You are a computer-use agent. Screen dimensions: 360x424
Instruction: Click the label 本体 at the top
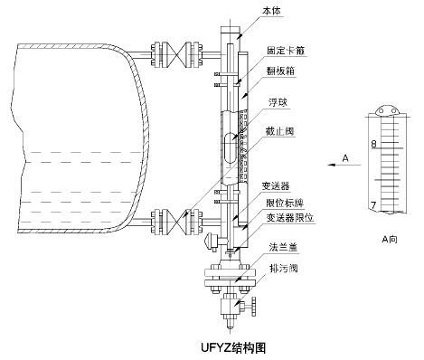(271, 10)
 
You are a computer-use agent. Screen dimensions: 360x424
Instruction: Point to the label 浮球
(277, 115)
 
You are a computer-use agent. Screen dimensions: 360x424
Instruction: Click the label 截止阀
(280, 133)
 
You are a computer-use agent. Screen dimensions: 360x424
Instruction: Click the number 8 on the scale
(373, 144)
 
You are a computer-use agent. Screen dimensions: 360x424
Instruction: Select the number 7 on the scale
(373, 206)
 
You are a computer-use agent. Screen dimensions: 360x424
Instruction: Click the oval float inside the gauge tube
(231, 147)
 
